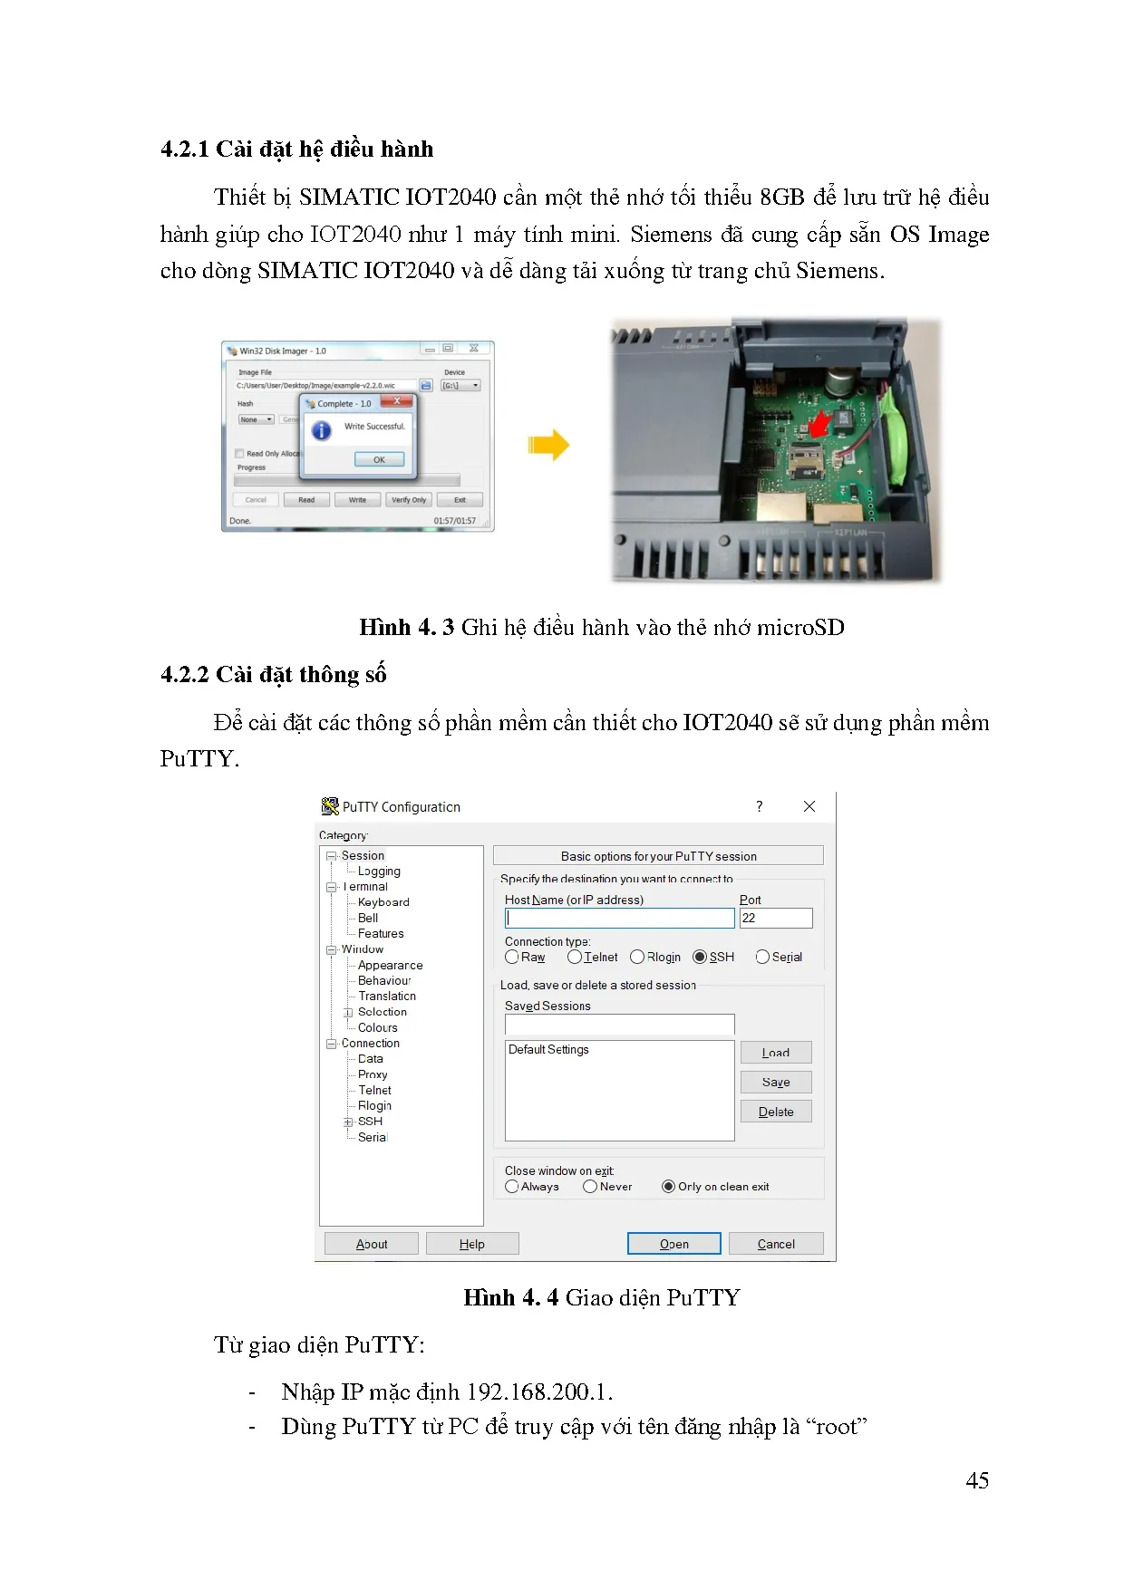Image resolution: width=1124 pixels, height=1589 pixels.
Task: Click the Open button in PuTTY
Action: [673, 1244]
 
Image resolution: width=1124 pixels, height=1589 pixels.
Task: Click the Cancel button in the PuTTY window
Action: [776, 1244]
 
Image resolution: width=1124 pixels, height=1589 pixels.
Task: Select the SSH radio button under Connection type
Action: [700, 957]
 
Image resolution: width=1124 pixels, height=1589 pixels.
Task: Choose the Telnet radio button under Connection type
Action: [575, 957]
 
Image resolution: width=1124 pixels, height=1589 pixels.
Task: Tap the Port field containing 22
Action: [776, 918]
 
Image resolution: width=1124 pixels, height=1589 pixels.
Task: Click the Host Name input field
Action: [619, 918]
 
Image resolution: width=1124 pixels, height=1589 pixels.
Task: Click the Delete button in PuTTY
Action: [776, 1112]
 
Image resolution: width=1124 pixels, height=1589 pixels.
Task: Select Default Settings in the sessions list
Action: [548, 1050]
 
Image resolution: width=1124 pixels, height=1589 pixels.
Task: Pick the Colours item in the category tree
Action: [377, 1027]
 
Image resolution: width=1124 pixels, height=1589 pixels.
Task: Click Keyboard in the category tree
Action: [383, 902]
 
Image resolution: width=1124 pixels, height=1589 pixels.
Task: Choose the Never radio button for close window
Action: [591, 1187]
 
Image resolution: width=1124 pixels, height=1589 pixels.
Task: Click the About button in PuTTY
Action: [372, 1244]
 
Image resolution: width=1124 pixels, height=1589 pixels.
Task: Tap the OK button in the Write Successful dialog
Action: [379, 459]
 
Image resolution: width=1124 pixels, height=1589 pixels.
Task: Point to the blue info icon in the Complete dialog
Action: [322, 430]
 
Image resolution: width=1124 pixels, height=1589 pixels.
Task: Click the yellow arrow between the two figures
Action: [548, 445]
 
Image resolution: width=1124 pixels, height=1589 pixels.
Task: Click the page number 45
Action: [977, 1480]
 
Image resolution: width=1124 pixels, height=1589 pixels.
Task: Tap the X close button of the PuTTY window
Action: [809, 806]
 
